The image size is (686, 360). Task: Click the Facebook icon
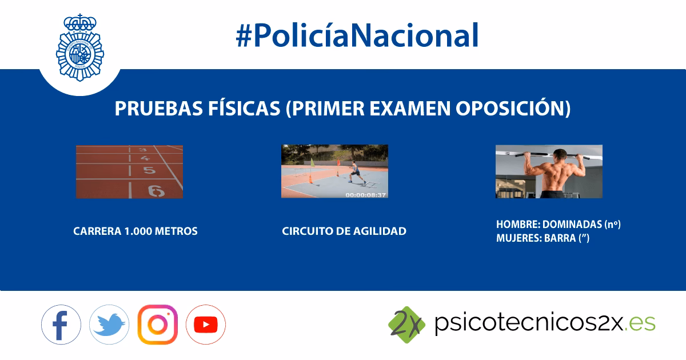click(x=61, y=325)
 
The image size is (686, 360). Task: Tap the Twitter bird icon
click(x=109, y=325)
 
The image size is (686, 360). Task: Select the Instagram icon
click(x=158, y=325)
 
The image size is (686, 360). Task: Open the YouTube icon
click(x=206, y=325)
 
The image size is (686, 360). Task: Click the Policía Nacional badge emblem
click(x=80, y=49)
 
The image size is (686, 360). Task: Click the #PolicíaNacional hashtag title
click(x=357, y=35)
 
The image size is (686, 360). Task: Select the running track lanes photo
click(x=129, y=171)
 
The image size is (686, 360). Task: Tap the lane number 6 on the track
click(x=155, y=191)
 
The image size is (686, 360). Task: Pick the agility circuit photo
click(x=334, y=171)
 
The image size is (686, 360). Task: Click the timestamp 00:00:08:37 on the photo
click(x=365, y=194)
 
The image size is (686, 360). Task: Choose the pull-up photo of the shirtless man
click(x=549, y=171)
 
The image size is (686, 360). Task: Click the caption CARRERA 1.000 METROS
click(x=135, y=231)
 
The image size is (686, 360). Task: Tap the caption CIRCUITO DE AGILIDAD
click(x=344, y=231)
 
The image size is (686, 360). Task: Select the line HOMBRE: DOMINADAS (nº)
click(x=558, y=225)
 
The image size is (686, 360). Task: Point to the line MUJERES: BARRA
click(x=543, y=238)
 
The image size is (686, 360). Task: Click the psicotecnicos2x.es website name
click(x=544, y=323)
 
